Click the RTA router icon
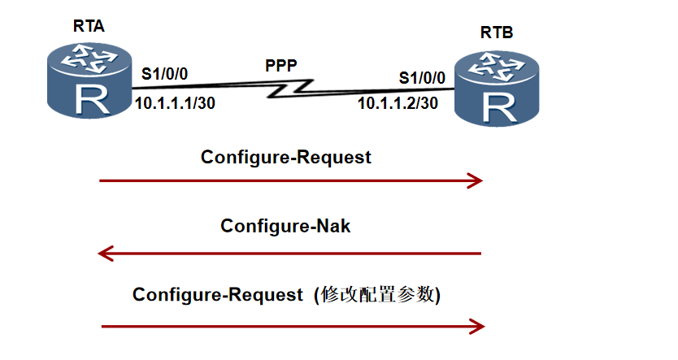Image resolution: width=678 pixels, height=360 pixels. pyautogui.click(x=87, y=80)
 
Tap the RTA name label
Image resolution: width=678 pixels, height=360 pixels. pyautogui.click(x=89, y=27)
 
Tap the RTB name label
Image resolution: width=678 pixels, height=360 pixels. pyautogui.click(x=497, y=33)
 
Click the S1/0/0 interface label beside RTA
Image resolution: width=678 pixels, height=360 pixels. pyautogui.click(x=165, y=74)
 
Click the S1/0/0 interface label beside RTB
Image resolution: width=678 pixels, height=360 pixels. pyautogui.click(x=422, y=78)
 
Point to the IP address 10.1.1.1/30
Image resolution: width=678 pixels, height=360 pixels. pyautogui.click(x=175, y=103)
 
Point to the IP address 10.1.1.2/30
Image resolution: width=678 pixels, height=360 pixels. pyautogui.click(x=398, y=103)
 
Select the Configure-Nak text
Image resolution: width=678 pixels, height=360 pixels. pyautogui.click(x=286, y=226)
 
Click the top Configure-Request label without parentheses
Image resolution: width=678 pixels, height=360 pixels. pyautogui.click(x=286, y=157)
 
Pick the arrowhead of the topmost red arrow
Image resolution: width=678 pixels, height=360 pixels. pyautogui.click(x=476, y=180)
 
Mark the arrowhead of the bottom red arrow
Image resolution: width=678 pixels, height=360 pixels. pyautogui.click(x=477, y=327)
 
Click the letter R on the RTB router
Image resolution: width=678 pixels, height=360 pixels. pyautogui.click(x=498, y=107)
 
